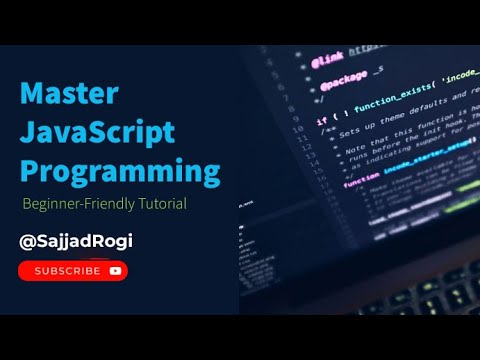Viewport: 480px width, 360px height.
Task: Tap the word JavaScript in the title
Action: click(98, 132)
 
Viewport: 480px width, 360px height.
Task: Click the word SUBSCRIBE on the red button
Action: click(67, 270)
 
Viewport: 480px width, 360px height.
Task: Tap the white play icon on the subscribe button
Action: click(116, 270)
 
